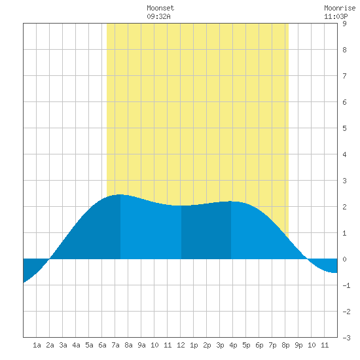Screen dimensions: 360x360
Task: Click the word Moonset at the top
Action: click(160, 8)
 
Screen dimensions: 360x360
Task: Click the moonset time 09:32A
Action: click(158, 16)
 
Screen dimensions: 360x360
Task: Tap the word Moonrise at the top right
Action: click(340, 8)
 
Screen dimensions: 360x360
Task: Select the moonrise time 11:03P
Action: click(336, 16)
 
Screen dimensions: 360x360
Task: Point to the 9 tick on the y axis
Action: click(344, 24)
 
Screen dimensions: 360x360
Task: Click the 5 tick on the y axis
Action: click(344, 128)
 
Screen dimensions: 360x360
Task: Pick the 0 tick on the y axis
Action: click(344, 259)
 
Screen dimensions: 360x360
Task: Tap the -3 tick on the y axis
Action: click(346, 338)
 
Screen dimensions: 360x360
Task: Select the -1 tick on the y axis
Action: click(346, 285)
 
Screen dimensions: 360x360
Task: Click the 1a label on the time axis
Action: click(37, 345)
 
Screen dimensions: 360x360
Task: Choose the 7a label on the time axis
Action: click(115, 345)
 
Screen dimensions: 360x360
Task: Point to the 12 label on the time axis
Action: click(181, 345)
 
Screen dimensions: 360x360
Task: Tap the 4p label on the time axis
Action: click(233, 345)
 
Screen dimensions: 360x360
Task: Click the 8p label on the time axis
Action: click(285, 345)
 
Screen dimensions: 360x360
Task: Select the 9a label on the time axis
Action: click(141, 345)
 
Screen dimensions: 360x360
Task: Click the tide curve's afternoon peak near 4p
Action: click(230, 202)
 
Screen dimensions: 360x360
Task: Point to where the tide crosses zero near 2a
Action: click(50, 259)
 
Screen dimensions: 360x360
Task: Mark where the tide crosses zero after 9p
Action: click(307, 259)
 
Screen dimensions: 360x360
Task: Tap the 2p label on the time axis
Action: click(207, 345)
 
